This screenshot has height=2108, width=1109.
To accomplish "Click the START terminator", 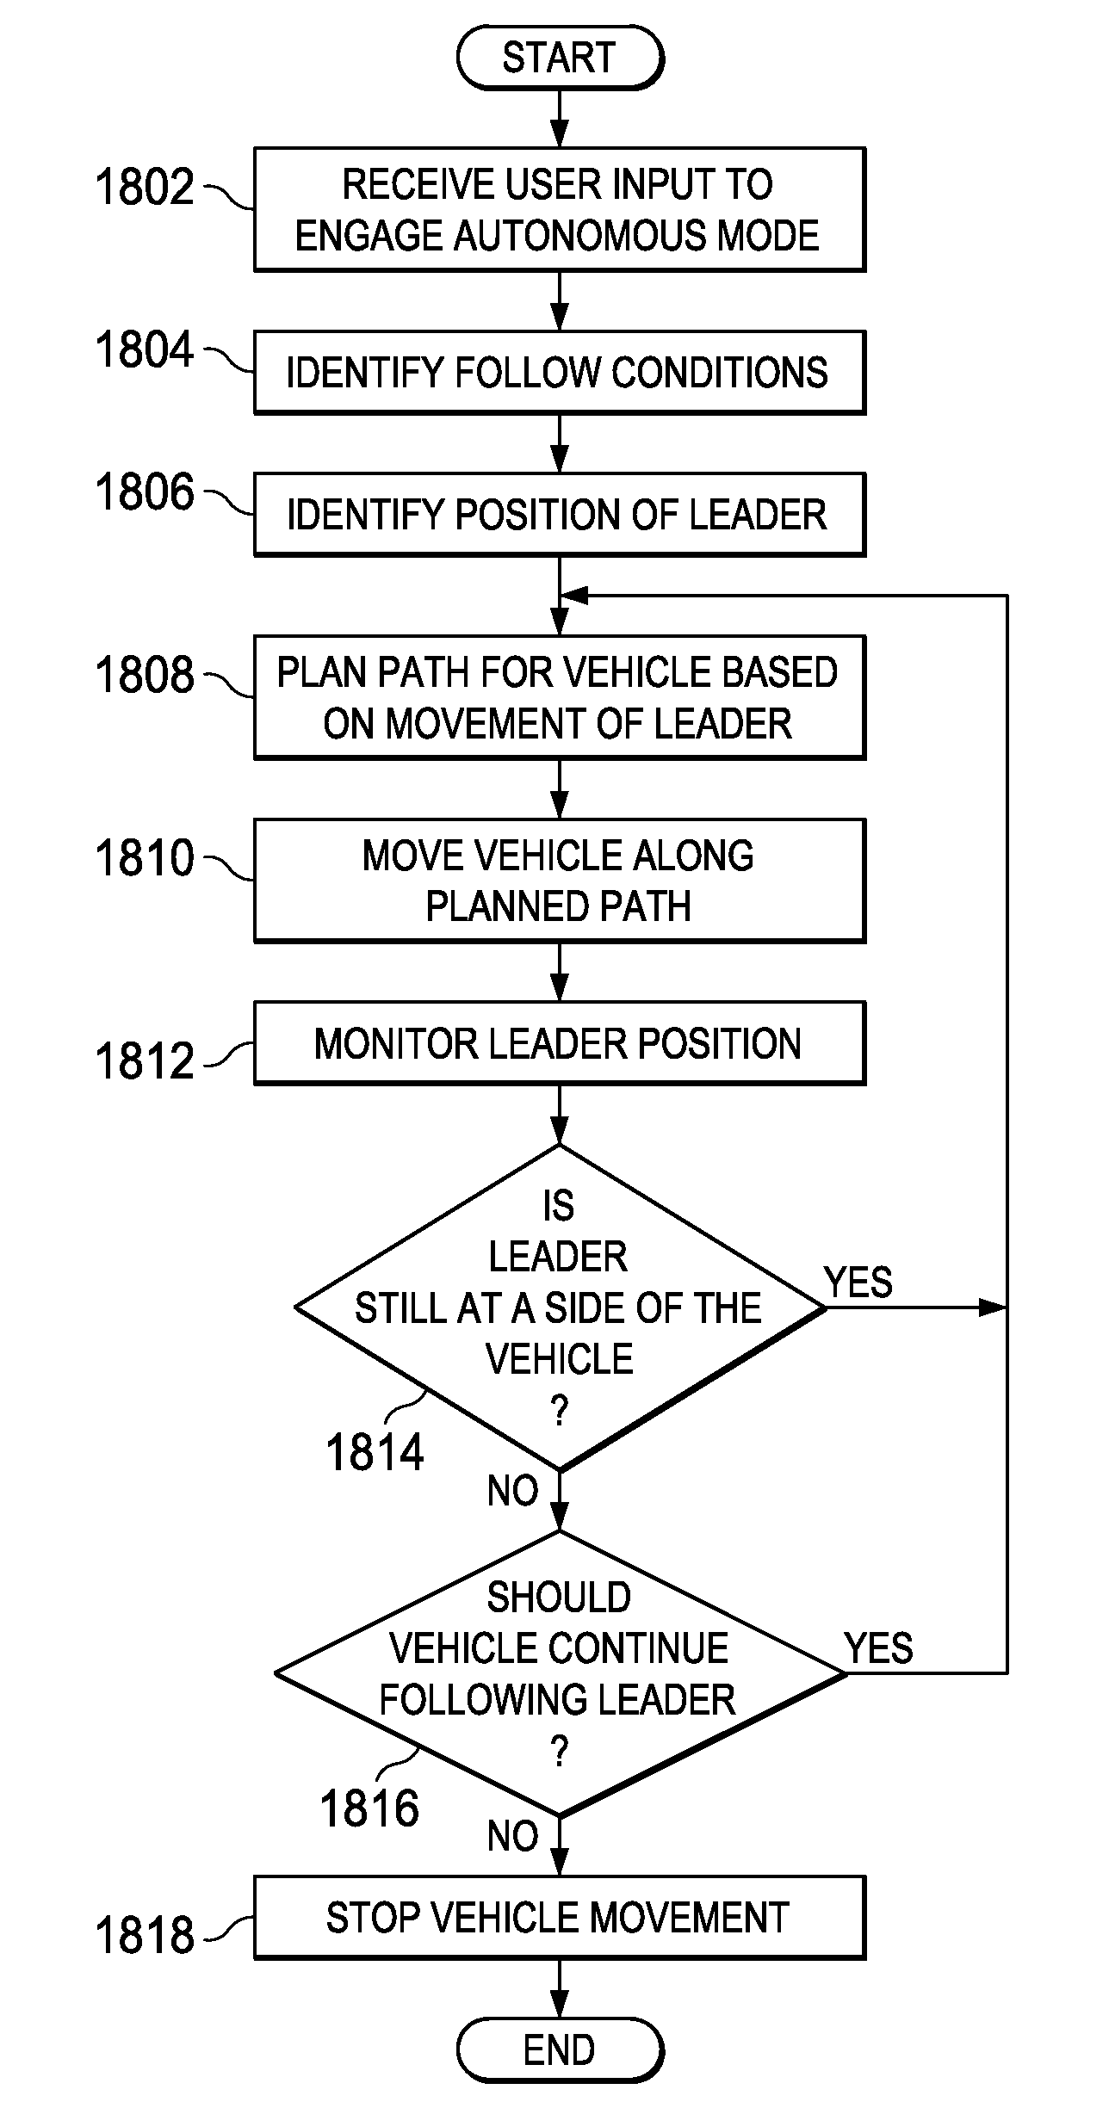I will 559,59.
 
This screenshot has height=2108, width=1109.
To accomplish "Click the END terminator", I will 559,2050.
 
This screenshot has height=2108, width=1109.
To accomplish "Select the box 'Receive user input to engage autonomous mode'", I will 559,209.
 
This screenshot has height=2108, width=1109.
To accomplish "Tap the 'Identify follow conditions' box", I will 559,373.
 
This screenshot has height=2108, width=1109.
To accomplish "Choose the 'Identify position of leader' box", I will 559,515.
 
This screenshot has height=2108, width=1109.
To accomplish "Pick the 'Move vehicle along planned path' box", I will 559,881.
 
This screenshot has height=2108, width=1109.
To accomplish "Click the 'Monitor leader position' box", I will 559,1043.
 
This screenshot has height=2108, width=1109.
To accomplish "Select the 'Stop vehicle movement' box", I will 559,1918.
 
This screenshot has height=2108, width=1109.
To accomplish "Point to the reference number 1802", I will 145,187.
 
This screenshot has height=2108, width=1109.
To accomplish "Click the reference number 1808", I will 145,674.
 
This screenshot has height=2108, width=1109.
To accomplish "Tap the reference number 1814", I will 375,1453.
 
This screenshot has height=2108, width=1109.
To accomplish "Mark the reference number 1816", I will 369,1808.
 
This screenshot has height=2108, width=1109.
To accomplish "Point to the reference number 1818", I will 145,1936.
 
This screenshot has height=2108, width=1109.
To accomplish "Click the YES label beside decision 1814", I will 858,1283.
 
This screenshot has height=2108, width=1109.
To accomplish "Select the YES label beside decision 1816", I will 878,1648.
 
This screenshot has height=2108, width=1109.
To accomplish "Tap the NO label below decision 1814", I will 512,1491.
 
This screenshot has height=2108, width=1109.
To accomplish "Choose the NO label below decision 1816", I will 512,1836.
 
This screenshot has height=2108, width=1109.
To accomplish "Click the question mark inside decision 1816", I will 559,1753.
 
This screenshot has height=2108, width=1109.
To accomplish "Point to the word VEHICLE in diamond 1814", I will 559,1360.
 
